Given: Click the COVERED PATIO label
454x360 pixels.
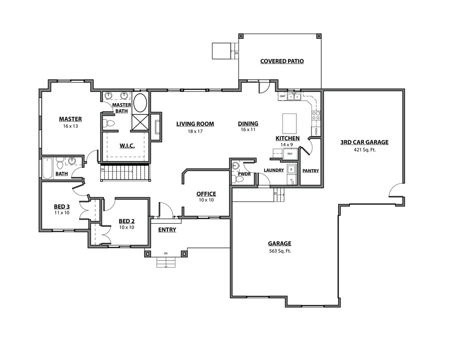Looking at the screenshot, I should [x=282, y=61].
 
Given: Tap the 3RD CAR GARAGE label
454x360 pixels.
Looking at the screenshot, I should [x=364, y=142].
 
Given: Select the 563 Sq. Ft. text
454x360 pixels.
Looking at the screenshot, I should [x=280, y=251].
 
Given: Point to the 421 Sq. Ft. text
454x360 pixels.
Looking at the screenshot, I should [x=364, y=150].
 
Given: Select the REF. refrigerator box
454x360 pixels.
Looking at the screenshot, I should [x=290, y=154].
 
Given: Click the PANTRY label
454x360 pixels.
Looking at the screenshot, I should [x=310, y=171].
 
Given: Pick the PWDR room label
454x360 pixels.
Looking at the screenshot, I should [x=244, y=173].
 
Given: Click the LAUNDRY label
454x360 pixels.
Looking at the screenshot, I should [x=273, y=170].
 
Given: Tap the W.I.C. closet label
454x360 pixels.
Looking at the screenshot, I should [x=127, y=146].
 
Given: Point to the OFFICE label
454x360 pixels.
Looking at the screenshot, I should [x=206, y=194].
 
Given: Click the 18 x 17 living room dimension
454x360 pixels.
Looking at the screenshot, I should [x=195, y=132].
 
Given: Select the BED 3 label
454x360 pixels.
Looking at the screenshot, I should [x=61, y=206].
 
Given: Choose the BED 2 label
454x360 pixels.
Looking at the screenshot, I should [x=127, y=221].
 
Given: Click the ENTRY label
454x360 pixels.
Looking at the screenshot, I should [x=167, y=229].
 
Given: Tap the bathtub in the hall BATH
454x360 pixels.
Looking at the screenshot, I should [x=47, y=169].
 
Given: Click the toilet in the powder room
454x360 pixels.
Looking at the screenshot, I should [x=239, y=179].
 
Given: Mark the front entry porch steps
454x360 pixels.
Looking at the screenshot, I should [x=166, y=262].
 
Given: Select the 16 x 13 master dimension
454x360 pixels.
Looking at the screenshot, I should [x=70, y=127].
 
